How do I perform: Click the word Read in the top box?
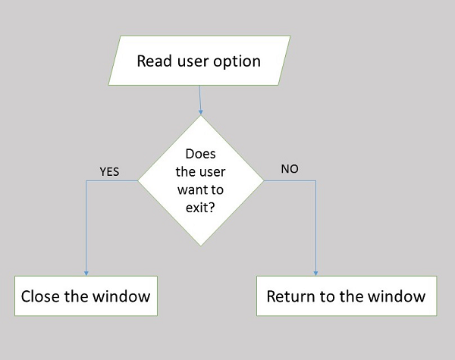(154, 61)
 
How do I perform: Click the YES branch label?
(110, 171)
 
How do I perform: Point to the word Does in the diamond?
(200, 155)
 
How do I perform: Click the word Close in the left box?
(42, 296)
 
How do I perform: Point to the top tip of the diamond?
(201, 116)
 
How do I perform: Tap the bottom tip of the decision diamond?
(201, 246)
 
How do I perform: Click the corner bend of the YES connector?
(86, 181)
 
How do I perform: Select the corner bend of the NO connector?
(315, 181)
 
